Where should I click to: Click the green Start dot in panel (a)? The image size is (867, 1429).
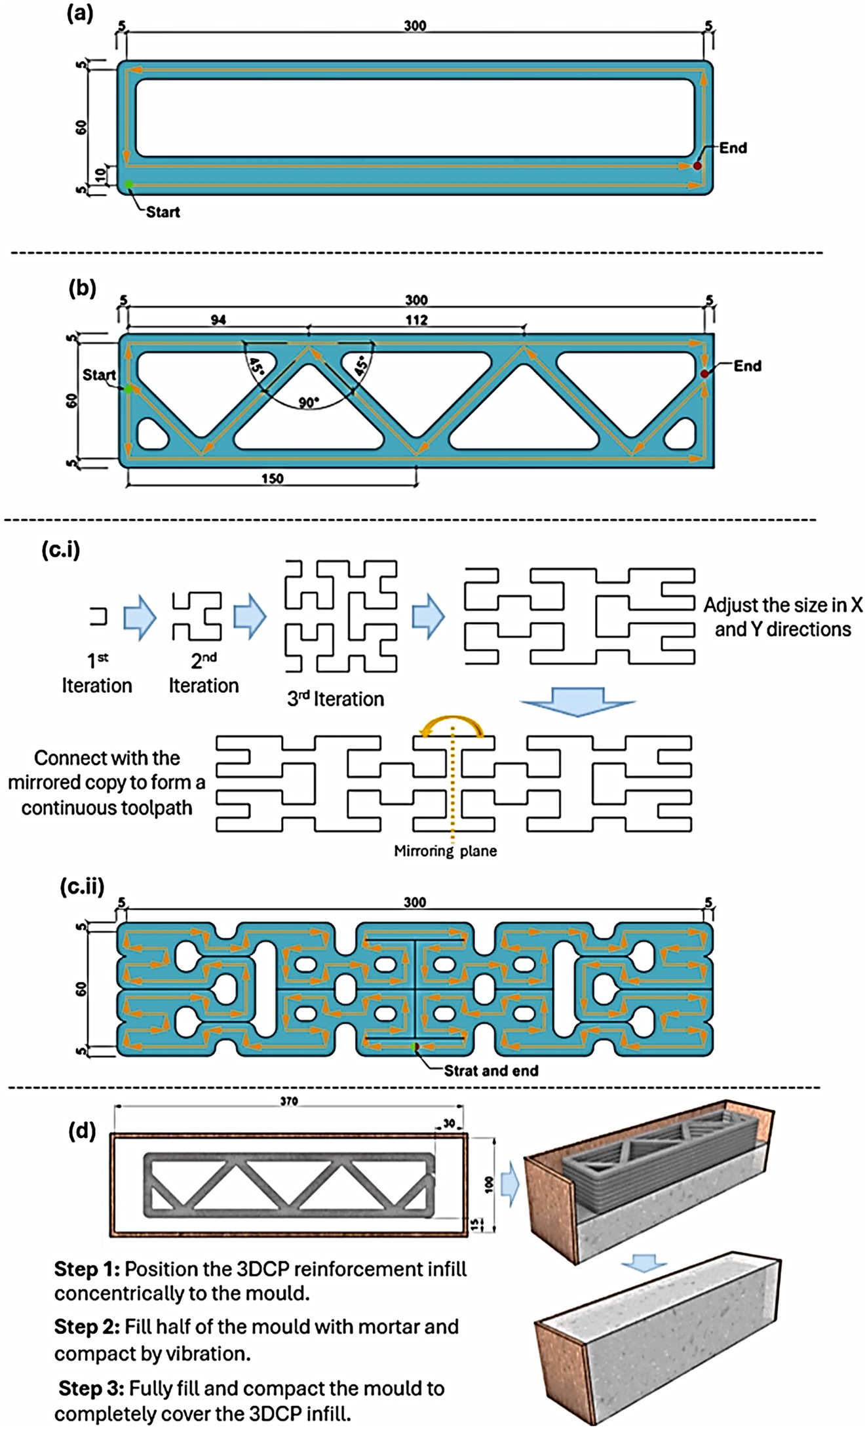129,184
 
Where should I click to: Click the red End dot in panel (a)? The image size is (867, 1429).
697,166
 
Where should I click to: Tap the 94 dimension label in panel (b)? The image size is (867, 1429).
218,320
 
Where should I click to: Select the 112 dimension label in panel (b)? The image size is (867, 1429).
416,320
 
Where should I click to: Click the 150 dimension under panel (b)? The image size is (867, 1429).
272,479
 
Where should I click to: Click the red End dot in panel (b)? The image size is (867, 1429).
704,374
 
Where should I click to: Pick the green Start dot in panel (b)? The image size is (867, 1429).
128,389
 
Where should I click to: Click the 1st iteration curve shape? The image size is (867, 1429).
99,616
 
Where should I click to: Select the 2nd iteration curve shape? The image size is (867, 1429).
197,616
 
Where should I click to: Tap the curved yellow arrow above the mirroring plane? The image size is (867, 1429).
452,726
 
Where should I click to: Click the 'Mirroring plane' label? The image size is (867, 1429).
445,851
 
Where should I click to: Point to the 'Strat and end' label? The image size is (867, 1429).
491,1070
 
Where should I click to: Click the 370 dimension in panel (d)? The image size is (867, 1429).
289,1101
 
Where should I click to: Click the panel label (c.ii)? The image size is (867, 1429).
82,888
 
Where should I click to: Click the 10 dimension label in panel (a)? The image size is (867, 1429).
100,175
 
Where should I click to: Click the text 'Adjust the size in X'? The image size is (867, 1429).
782,604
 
